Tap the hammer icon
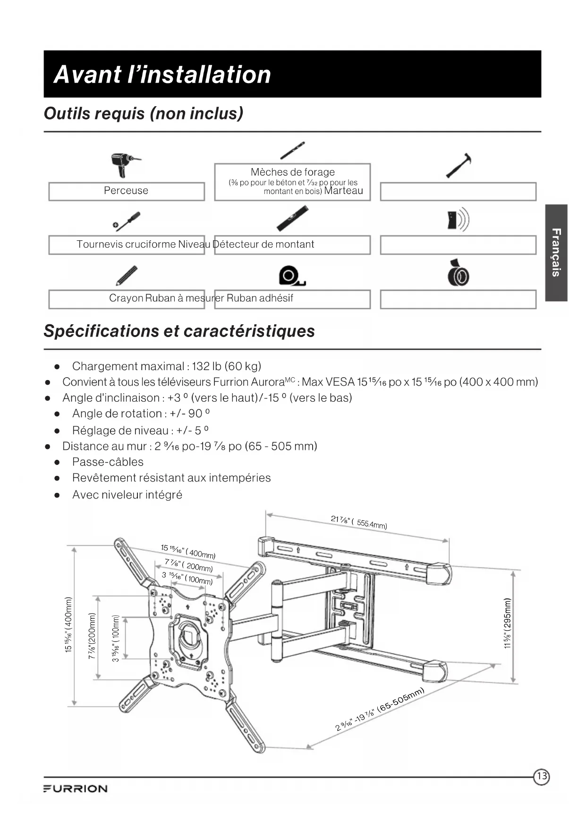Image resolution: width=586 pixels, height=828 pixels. tap(459, 165)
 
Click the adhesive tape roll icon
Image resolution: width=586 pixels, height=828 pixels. tap(458, 274)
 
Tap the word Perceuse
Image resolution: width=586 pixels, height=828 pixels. tap(126, 191)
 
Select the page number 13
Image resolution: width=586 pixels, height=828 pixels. tap(542, 776)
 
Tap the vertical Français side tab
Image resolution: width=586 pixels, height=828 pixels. tap(556, 253)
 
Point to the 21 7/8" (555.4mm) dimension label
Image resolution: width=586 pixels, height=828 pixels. tap(359, 522)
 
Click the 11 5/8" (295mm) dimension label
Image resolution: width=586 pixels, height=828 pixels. tap(508, 623)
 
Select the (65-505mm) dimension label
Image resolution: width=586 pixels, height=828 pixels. tap(401, 699)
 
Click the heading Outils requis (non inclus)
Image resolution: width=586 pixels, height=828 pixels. tap(144, 114)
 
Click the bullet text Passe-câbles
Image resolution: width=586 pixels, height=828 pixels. tap(108, 462)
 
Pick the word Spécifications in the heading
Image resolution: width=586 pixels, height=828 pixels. tap(101, 331)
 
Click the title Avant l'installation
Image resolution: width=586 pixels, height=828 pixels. tap(162, 75)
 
